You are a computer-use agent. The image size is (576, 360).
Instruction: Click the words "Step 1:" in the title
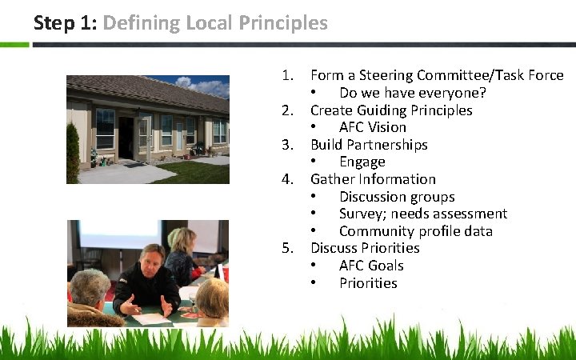point(65,22)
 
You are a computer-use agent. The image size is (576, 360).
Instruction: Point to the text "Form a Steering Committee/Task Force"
point(437,75)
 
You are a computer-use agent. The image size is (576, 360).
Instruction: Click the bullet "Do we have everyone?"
point(413,93)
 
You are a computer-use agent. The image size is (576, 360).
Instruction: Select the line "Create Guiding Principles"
point(391,110)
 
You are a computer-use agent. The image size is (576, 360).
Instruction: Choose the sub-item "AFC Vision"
point(373,127)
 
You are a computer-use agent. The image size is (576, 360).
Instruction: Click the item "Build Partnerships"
point(369,145)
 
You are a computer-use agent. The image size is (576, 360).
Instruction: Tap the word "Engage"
point(362,162)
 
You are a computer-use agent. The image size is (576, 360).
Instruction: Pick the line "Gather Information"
point(373,179)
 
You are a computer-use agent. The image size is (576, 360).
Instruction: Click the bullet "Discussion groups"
point(397,197)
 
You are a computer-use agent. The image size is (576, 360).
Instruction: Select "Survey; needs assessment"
point(423,214)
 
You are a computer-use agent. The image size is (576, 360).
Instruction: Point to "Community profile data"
point(416,231)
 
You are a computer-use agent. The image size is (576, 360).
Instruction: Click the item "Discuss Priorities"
point(365,248)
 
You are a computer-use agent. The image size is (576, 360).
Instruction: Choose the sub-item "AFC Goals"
point(371,266)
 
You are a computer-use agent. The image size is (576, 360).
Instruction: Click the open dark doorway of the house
point(126,136)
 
